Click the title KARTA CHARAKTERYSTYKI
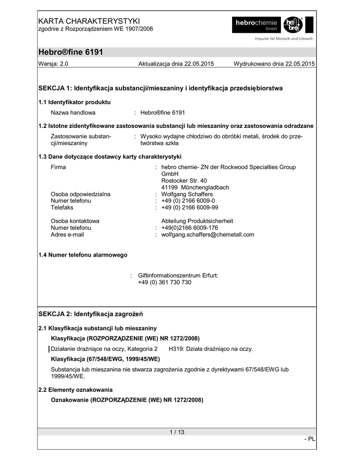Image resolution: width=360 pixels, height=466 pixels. point(89,21)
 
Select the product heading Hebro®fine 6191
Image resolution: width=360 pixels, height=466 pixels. point(71,52)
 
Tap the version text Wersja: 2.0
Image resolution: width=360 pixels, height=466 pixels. point(53,64)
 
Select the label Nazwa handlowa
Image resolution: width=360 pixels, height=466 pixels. point(73,112)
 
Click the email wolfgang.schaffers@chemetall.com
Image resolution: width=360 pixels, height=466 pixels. point(208,235)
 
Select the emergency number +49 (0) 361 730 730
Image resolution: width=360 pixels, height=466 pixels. point(165,282)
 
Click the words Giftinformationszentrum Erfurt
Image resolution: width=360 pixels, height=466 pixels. point(178,275)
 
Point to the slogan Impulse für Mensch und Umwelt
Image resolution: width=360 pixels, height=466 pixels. point(283,39)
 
